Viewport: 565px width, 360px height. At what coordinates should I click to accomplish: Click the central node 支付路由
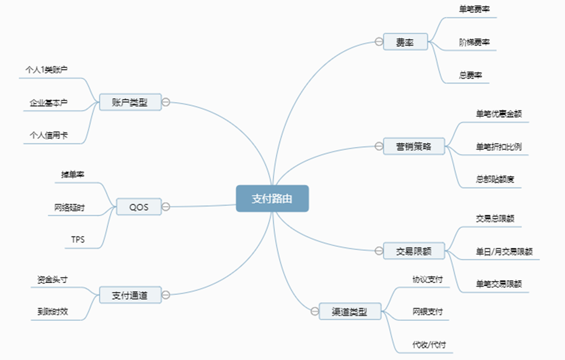coord(272,198)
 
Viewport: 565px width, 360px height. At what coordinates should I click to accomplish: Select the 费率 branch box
coord(405,42)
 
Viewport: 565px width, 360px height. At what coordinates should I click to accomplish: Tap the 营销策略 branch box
coord(414,146)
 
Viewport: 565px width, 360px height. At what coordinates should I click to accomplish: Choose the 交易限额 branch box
coord(414,251)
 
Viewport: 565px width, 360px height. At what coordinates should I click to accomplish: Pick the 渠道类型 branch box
coord(349,311)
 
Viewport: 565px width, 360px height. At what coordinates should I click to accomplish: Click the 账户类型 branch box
coord(130,102)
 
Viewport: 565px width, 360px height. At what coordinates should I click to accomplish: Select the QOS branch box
coord(139,207)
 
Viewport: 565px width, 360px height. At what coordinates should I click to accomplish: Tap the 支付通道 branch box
coord(130,295)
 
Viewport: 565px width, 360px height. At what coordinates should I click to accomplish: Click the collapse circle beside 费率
coord(379,42)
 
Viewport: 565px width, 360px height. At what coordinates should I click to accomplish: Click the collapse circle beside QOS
coord(166,207)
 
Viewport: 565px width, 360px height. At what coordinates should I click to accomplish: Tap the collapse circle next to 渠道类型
coord(315,311)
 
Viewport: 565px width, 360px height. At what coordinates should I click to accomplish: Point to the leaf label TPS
coord(78,240)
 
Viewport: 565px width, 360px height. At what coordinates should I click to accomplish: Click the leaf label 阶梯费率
coord(474,42)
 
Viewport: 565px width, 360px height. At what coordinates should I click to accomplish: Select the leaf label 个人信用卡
coord(49,135)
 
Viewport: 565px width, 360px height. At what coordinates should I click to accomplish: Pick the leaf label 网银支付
coord(427,311)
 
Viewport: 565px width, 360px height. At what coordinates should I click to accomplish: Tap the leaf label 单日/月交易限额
coord(504,251)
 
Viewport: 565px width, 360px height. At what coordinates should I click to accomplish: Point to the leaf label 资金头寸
coord(52,279)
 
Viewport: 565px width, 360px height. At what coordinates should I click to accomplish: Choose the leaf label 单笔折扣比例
coord(498,147)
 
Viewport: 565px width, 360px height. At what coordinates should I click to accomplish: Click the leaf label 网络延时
coord(70,208)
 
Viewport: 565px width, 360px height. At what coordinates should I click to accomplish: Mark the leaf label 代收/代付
coord(429,344)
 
